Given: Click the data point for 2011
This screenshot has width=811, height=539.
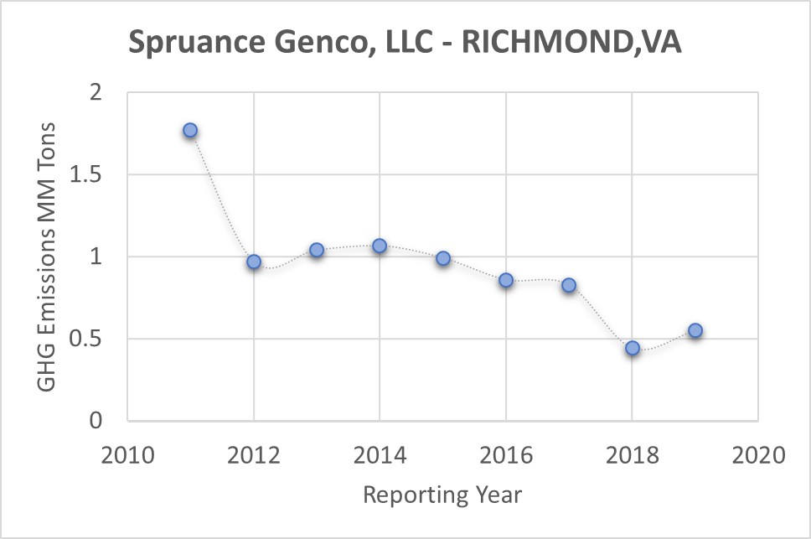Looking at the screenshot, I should (190, 131).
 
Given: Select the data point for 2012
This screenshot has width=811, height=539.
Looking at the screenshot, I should (254, 262).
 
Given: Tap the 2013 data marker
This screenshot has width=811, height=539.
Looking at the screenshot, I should (317, 251).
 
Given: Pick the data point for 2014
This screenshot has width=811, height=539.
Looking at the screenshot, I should (380, 246).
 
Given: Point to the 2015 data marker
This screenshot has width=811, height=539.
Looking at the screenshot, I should (443, 259).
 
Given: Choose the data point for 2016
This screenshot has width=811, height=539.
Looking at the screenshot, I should (506, 281).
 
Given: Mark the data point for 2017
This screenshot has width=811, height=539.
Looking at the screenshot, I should (569, 285).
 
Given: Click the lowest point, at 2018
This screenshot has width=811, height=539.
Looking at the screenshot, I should (633, 348).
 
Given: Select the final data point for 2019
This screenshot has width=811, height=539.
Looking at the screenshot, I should (695, 330).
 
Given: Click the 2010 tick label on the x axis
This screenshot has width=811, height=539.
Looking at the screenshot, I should (127, 456).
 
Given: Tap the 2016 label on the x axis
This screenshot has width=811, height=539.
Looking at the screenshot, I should (506, 456).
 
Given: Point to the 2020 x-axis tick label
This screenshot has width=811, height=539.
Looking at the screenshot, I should (758, 456).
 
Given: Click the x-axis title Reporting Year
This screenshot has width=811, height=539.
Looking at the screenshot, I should (442, 495).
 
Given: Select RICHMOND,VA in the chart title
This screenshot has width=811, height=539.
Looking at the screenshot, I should (572, 43).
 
